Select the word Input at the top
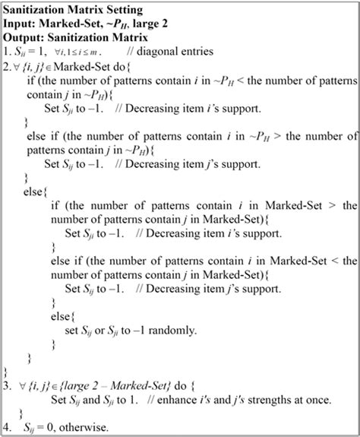tap(21, 24)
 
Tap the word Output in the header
tap(25, 37)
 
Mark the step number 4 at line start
tap(8, 427)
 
